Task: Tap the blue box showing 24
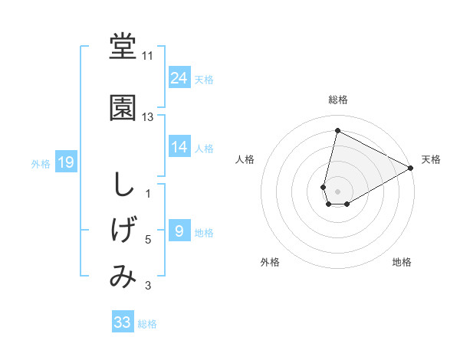click(x=179, y=78)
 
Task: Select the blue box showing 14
click(x=179, y=147)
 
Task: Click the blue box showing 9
click(x=179, y=231)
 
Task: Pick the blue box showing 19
click(x=66, y=162)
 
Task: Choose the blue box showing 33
click(x=123, y=322)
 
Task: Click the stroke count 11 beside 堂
click(x=148, y=57)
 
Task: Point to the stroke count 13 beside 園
click(x=148, y=117)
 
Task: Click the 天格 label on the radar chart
click(x=431, y=159)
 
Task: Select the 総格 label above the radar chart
click(x=337, y=100)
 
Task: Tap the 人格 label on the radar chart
click(x=245, y=159)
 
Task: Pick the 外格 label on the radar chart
click(x=270, y=262)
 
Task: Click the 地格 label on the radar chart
click(x=402, y=262)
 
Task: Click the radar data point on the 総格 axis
click(x=337, y=130)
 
